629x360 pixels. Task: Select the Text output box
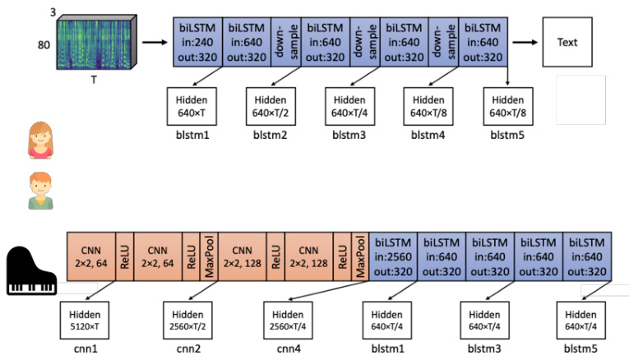click(x=567, y=42)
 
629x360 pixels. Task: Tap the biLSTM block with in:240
click(x=197, y=42)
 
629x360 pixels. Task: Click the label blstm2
click(x=268, y=135)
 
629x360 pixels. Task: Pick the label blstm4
click(x=428, y=135)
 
